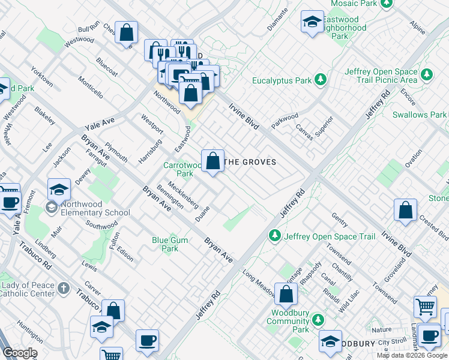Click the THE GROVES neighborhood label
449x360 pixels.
click(250, 162)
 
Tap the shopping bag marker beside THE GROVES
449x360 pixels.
click(212, 161)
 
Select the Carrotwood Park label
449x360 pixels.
click(183, 169)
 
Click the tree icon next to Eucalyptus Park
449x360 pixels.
click(321, 80)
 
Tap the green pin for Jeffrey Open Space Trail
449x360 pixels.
click(275, 236)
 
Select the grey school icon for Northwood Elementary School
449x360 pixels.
click(52, 208)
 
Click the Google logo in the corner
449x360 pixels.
click(19, 353)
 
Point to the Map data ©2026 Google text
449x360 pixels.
click(412, 355)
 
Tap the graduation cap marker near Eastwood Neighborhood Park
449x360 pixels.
click(311, 23)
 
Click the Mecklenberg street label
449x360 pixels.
click(183, 194)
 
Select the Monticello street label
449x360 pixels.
click(90, 87)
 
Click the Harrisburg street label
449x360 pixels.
click(151, 151)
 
